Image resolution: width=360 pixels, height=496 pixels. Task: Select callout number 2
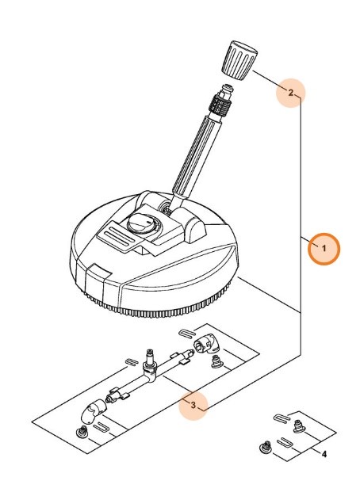coord(290,93)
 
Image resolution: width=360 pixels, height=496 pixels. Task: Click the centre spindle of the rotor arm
coord(150,359)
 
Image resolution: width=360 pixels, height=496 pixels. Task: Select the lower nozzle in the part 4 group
coord(266,448)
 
